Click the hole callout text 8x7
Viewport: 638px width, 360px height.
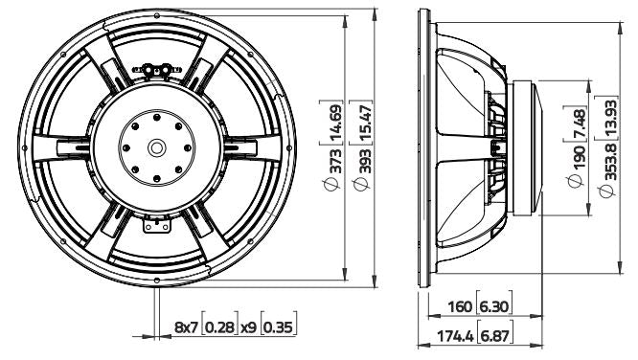186,327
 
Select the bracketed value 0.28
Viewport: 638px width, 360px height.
221,327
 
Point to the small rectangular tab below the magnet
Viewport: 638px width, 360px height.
153,226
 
